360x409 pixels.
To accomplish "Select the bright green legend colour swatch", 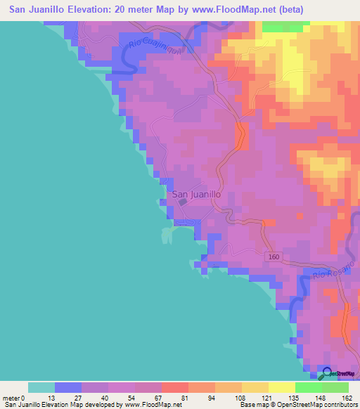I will click(309, 387).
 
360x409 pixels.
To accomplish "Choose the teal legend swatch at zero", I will click(41, 387).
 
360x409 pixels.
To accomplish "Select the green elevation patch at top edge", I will click(285, 27).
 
